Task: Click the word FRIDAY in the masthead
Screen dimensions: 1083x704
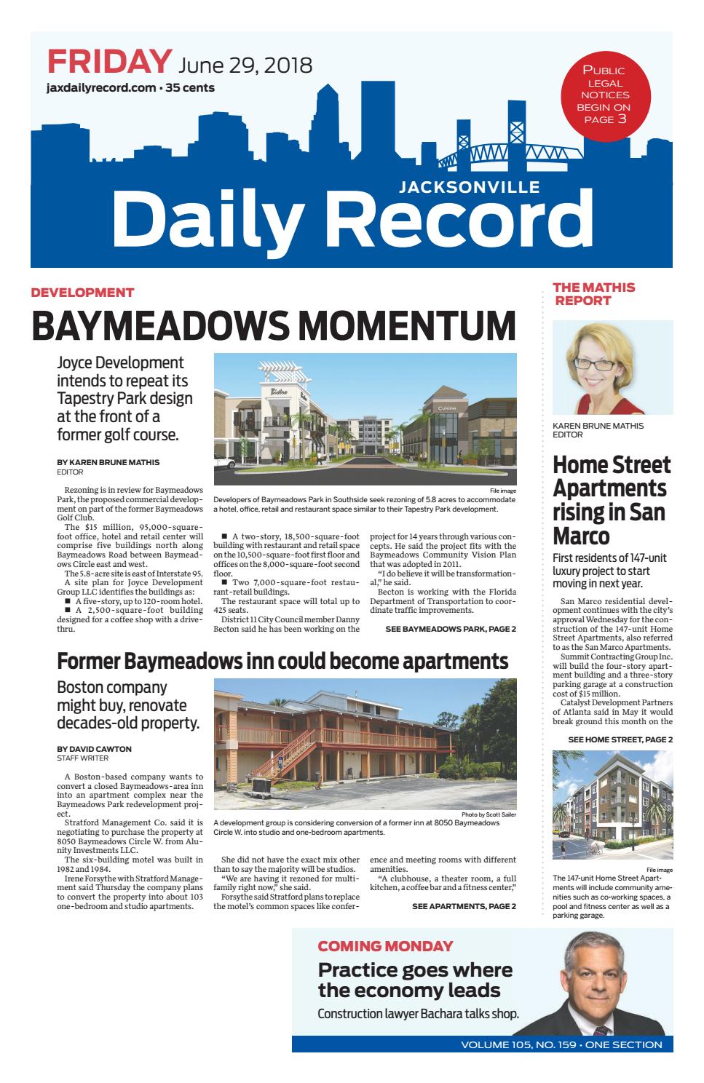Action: tap(110, 62)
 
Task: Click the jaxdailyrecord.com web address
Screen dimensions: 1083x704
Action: tap(100, 89)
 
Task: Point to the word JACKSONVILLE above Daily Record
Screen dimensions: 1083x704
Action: tap(470, 187)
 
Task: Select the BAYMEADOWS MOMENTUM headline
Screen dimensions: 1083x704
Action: tap(274, 325)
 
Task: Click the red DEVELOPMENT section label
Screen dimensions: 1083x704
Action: tap(82, 293)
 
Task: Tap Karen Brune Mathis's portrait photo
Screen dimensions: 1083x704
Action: tap(612, 368)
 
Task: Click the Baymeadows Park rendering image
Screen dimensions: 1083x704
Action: tap(365, 419)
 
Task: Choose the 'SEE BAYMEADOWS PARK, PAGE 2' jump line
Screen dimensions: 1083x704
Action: tap(451, 629)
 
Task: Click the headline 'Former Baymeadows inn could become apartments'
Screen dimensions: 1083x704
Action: tap(282, 662)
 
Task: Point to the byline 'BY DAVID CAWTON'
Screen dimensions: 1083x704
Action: tap(94, 749)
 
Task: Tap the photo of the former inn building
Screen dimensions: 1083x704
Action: tap(365, 743)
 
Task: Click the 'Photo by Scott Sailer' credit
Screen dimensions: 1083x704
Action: tap(489, 814)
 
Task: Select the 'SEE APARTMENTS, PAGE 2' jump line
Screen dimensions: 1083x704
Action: tap(464, 906)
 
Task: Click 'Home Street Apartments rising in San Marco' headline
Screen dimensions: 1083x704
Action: tap(611, 499)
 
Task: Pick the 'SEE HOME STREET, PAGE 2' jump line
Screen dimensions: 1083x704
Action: tap(620, 740)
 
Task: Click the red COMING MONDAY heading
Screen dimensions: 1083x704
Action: tap(385, 947)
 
